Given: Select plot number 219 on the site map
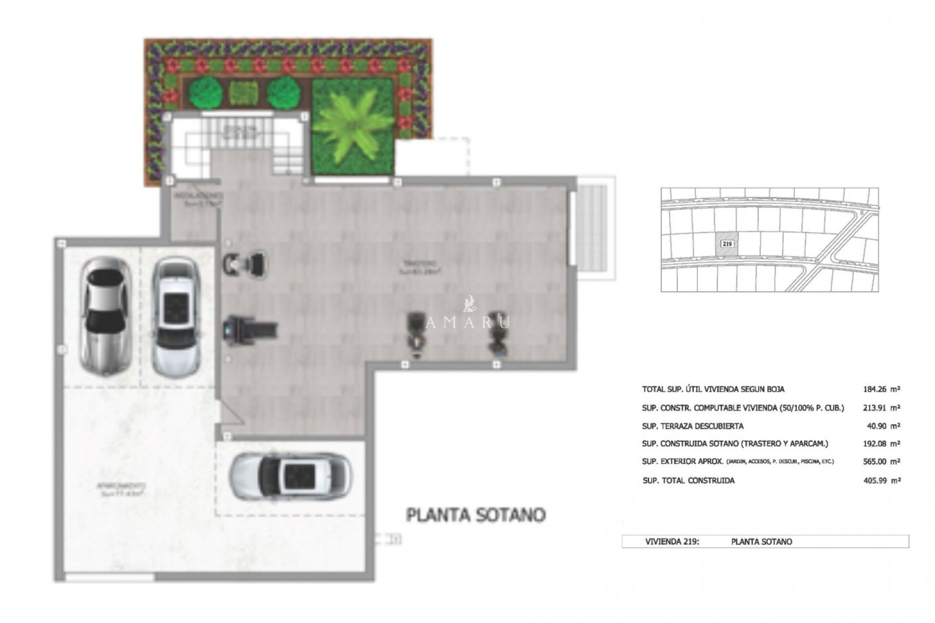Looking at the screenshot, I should [x=727, y=243].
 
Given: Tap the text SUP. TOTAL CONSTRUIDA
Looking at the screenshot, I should [x=689, y=480].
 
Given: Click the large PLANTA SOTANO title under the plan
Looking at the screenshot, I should [x=476, y=515].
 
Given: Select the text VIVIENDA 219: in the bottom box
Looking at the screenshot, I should [x=672, y=541].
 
